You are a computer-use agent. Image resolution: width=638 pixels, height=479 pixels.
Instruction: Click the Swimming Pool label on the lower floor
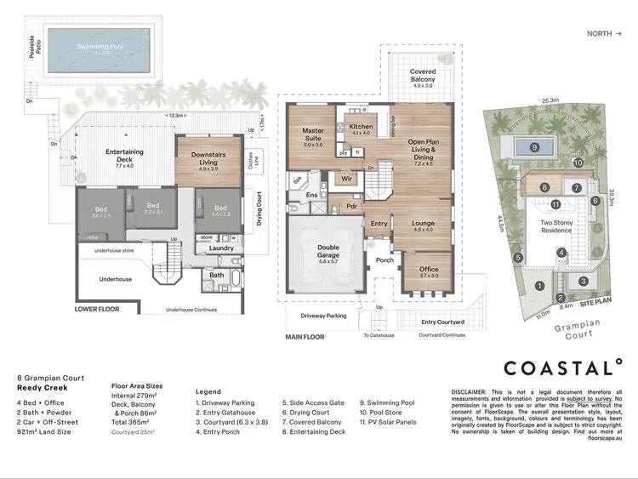click(x=101, y=47)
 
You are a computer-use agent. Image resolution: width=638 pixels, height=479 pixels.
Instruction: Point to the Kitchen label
click(x=361, y=128)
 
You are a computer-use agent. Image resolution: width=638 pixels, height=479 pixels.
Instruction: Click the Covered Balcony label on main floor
click(x=423, y=77)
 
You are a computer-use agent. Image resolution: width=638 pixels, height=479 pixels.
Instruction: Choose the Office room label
click(x=428, y=271)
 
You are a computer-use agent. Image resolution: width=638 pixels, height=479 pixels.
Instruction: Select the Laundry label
click(x=221, y=248)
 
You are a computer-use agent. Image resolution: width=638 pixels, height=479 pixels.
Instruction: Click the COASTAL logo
click(x=561, y=368)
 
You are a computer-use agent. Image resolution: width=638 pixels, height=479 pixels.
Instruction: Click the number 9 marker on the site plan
click(x=534, y=147)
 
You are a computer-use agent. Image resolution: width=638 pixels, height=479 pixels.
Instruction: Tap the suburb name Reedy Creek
click(x=42, y=387)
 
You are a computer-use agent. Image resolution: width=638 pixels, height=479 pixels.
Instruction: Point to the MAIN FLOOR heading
click(x=305, y=338)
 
